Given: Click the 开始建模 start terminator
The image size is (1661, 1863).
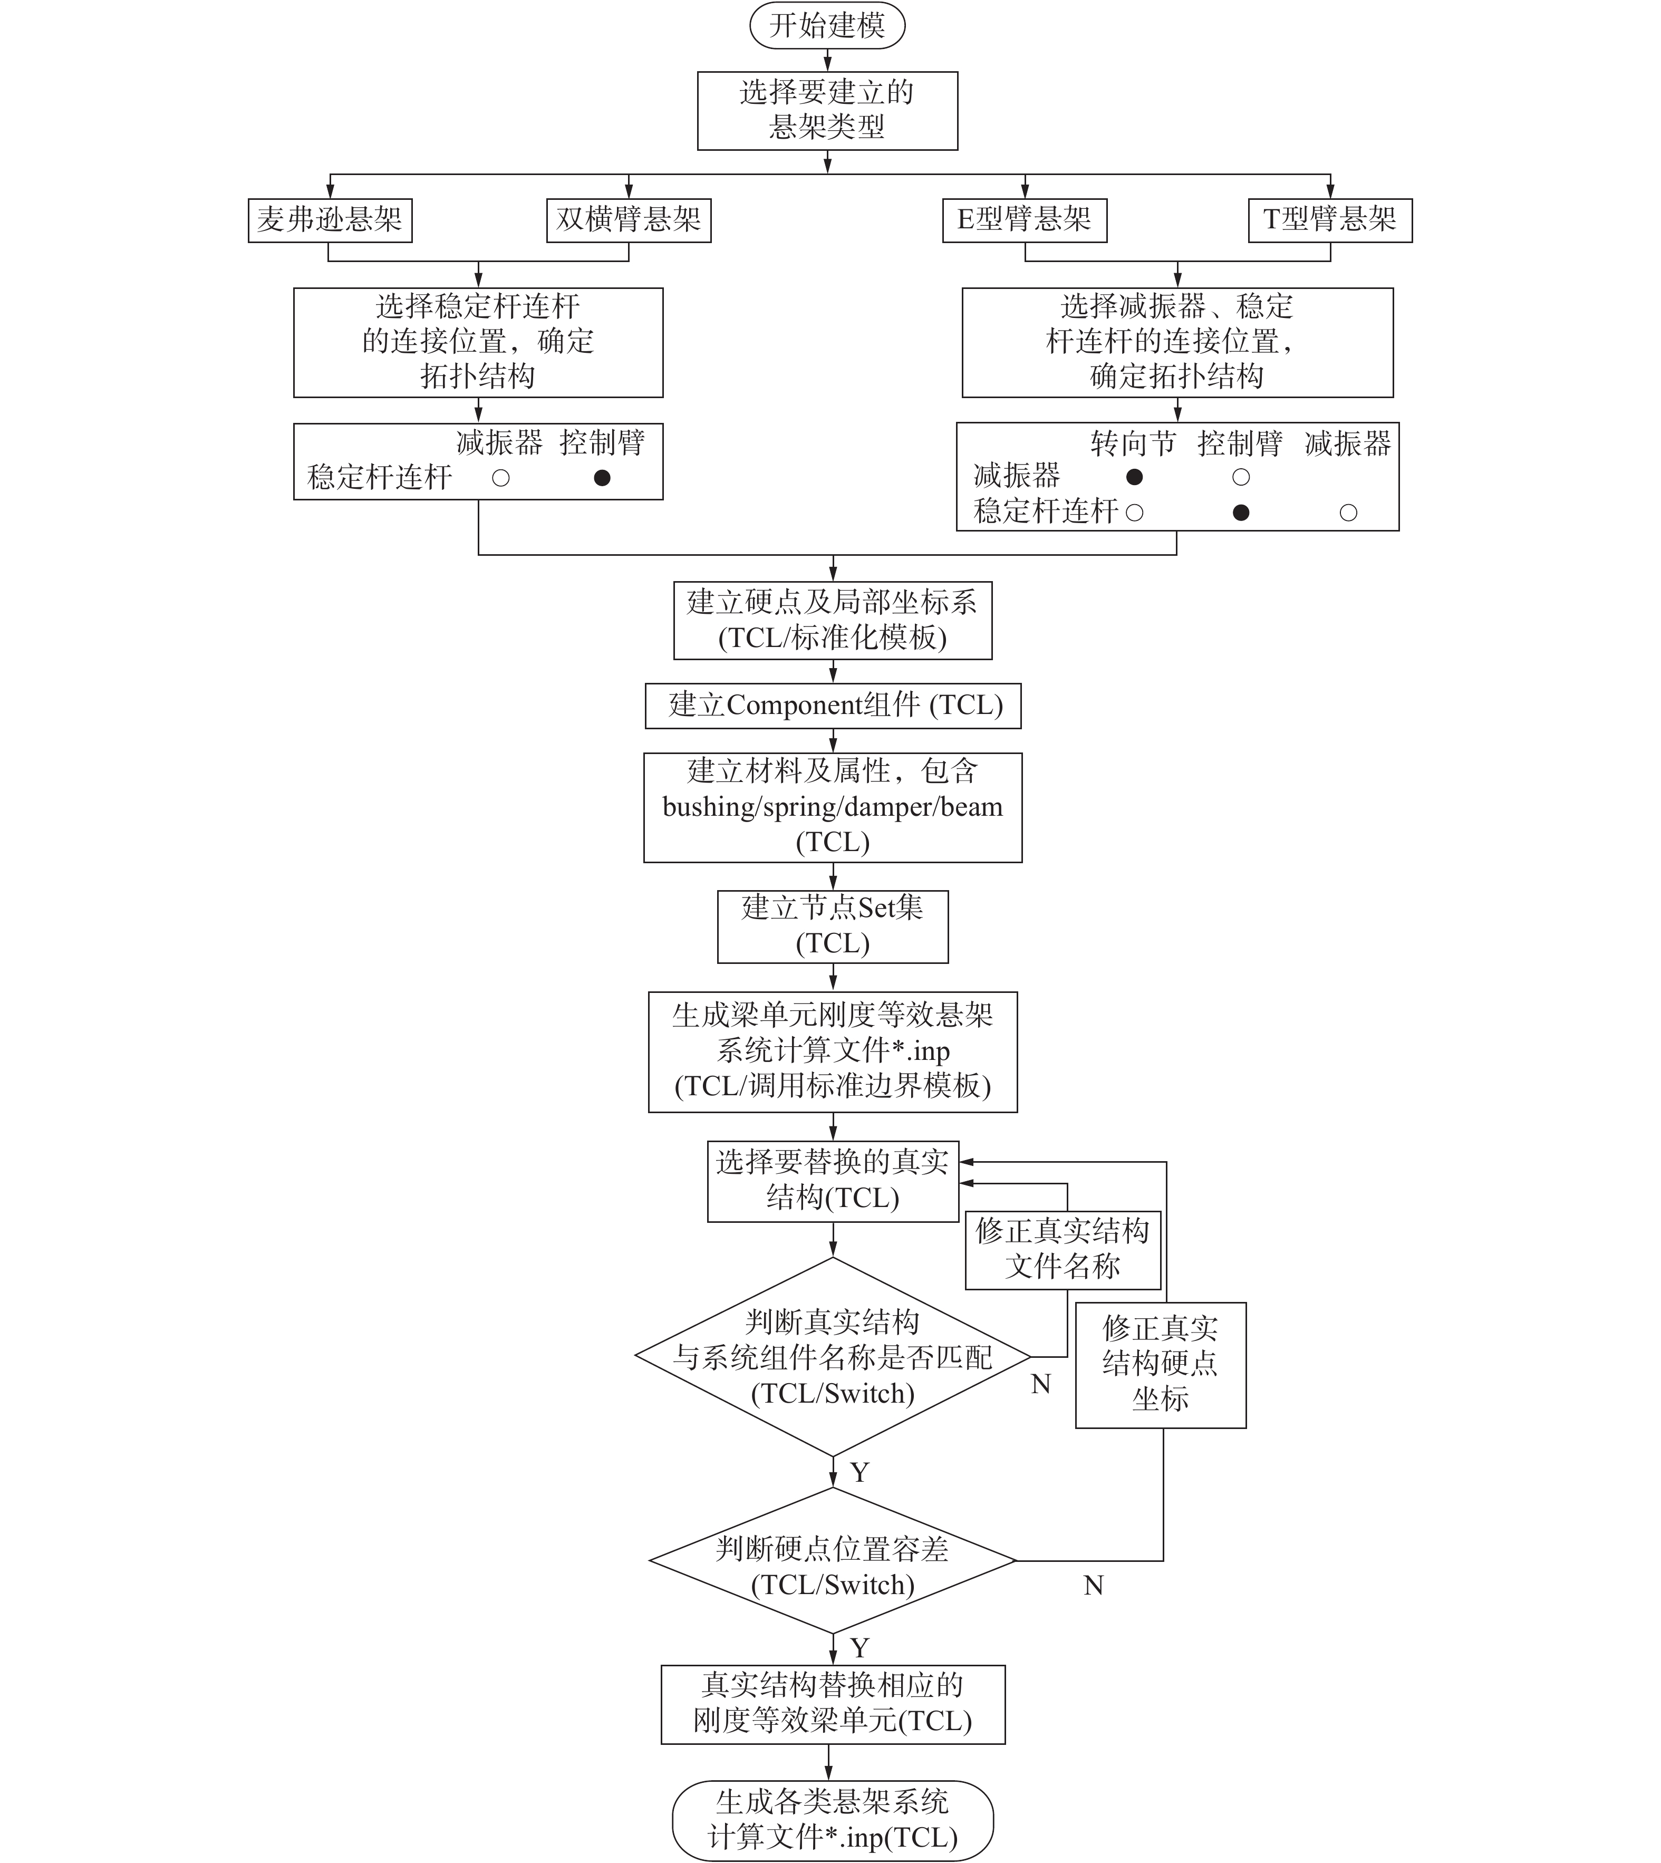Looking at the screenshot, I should [827, 25].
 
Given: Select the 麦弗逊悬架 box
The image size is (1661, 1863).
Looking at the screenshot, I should [330, 220].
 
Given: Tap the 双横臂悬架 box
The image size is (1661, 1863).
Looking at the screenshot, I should [628, 220].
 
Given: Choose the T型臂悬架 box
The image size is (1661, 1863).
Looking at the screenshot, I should [1330, 220].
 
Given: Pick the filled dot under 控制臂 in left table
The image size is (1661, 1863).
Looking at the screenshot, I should [602, 477].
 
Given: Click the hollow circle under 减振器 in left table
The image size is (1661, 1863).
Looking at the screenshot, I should [500, 477].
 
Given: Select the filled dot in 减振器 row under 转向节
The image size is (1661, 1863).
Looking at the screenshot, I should [1134, 477].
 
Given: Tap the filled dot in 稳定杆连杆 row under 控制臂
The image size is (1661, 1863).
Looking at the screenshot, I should [1240, 512].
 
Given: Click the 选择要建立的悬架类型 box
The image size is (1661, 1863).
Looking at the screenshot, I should [827, 110].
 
